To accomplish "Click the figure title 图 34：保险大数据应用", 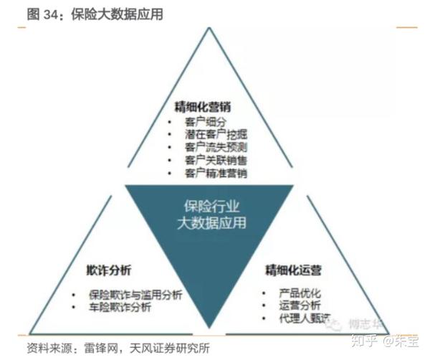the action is coord(85,14).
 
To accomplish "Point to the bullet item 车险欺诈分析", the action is coord(122,308).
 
